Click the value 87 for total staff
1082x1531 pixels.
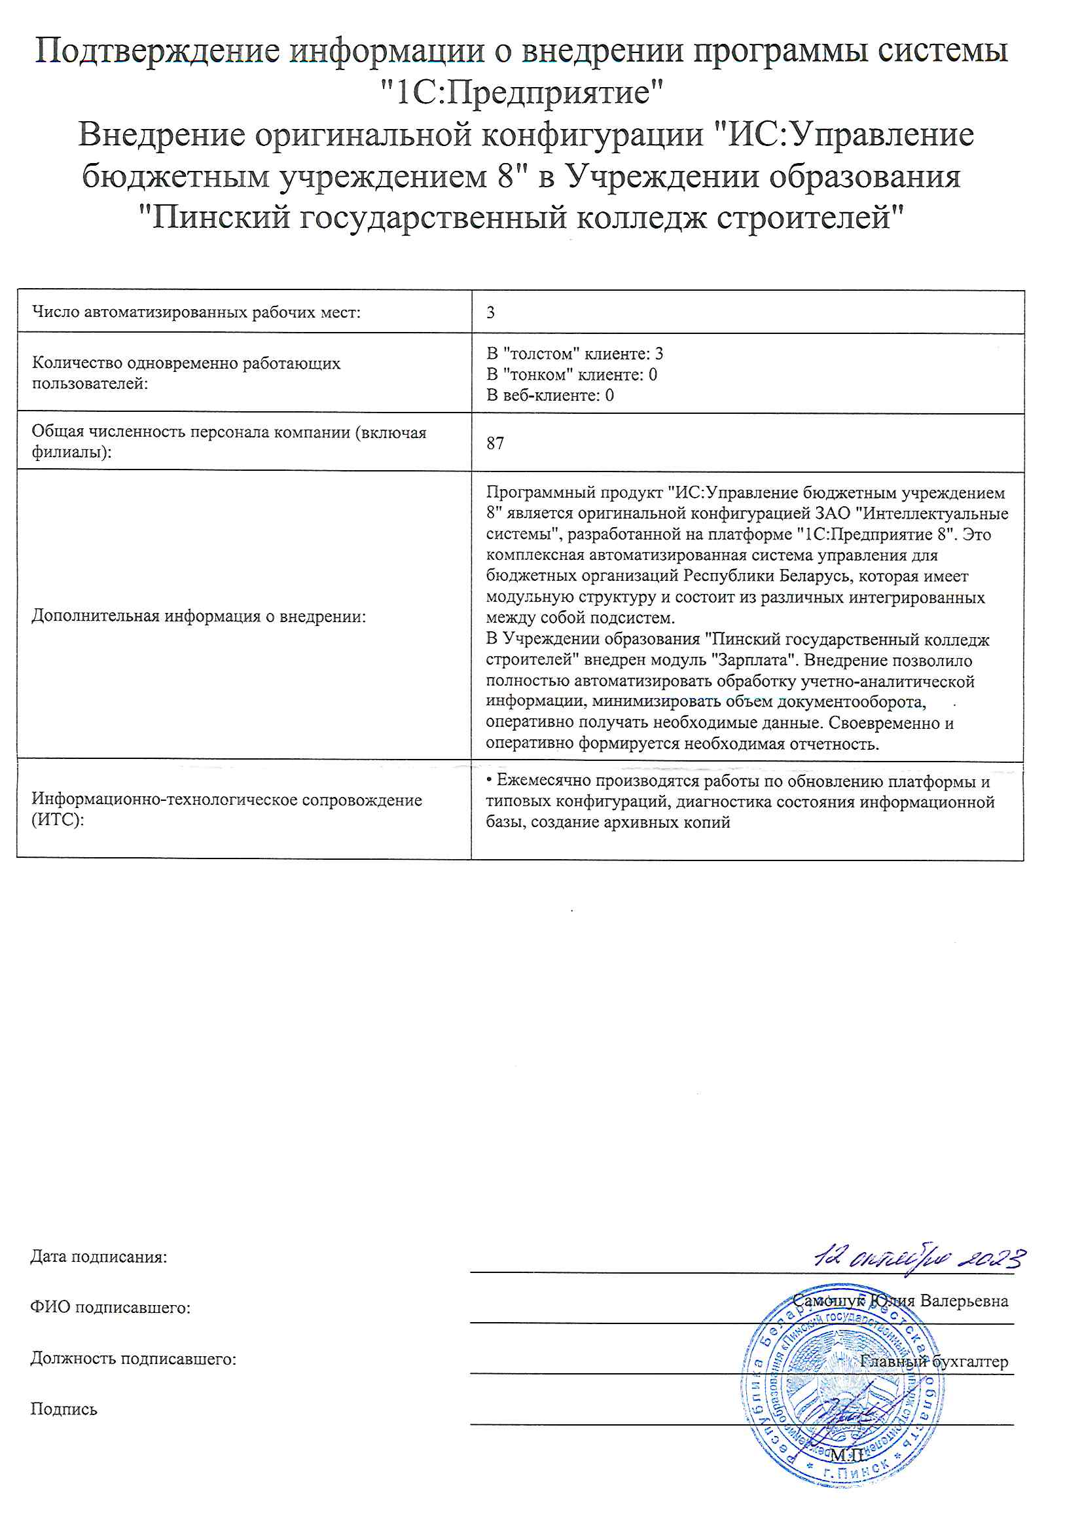495,443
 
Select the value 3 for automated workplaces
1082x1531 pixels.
491,312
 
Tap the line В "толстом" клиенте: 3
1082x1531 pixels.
574,354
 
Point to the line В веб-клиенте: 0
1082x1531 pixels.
549,395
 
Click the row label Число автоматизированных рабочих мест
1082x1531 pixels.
196,312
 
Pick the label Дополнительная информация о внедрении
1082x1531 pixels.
199,616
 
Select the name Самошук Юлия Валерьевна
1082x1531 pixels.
900,1300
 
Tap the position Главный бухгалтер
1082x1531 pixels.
933,1361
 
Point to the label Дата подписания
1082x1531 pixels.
99,1257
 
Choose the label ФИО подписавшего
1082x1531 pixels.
110,1308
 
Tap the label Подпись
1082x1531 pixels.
63,1409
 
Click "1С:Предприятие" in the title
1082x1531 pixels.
521,92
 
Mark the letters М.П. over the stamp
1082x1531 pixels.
846,1454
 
